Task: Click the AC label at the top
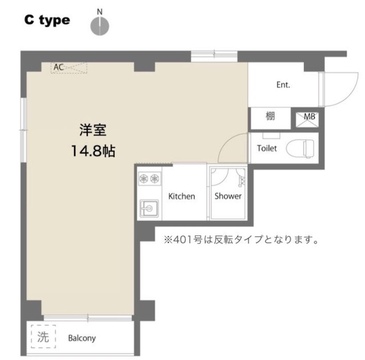(x=59, y=67)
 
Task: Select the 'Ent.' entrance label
(x=283, y=85)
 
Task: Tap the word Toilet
(x=267, y=148)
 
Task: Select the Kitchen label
(x=181, y=196)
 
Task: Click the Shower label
(x=228, y=196)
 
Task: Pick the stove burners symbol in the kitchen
(x=150, y=179)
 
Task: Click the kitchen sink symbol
(x=149, y=207)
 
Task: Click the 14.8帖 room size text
(x=93, y=152)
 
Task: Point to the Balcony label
(x=82, y=338)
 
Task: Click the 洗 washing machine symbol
(x=42, y=337)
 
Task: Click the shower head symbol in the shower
(x=241, y=180)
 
